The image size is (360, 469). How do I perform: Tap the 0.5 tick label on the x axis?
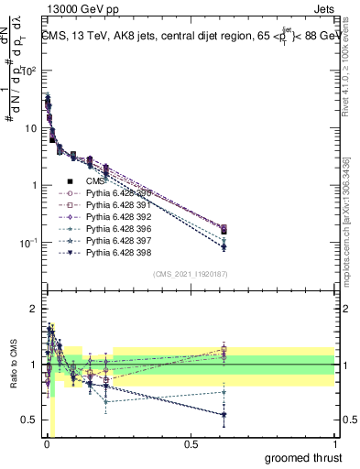[190, 443]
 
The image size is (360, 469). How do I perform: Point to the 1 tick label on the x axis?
[335, 443]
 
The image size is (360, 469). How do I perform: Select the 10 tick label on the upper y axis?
[27, 128]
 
